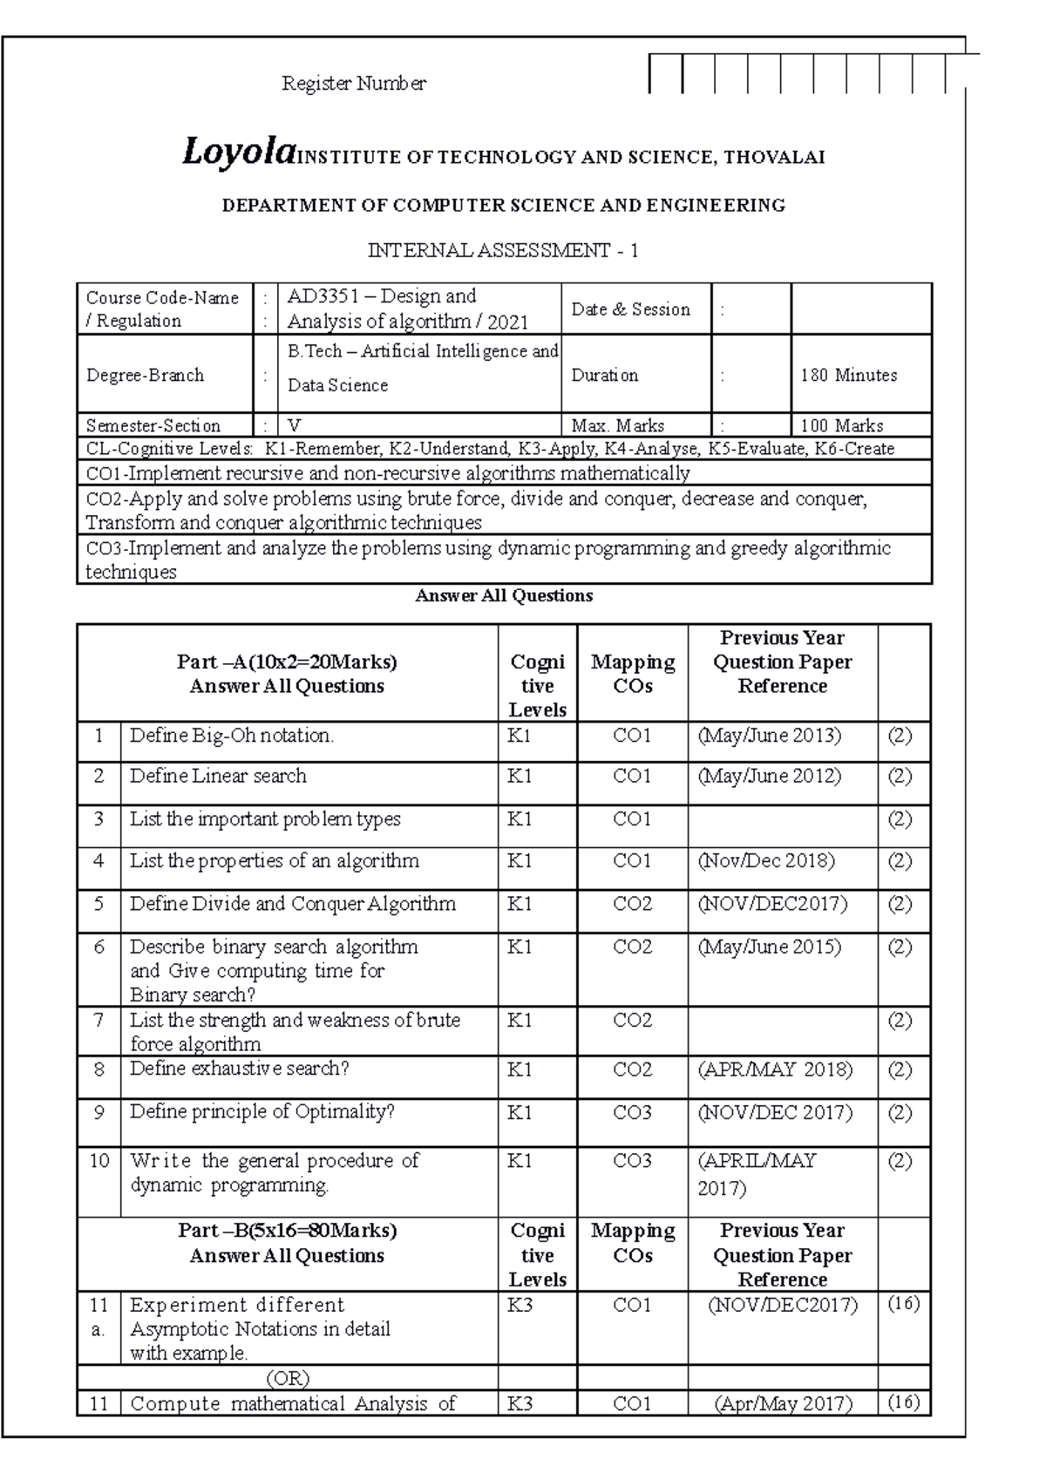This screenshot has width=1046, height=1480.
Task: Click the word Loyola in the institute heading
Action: [x=236, y=154]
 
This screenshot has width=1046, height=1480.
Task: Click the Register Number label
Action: [x=353, y=84]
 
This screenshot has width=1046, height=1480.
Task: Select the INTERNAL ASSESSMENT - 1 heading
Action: [x=503, y=251]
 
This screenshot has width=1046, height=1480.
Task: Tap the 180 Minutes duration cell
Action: [x=848, y=376]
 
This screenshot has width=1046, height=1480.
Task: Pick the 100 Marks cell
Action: [x=841, y=426]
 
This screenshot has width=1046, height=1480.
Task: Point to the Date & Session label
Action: [x=630, y=309]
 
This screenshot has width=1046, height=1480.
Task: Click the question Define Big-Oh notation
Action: [x=231, y=736]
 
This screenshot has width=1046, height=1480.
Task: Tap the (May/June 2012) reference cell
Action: [x=769, y=776]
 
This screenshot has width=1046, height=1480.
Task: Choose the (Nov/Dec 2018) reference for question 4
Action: [x=765, y=861]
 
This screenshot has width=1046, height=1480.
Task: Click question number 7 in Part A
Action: [x=98, y=1020]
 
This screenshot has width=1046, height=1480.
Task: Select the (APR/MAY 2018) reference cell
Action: [x=774, y=1069]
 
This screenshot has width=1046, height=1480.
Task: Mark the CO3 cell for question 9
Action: [x=632, y=1113]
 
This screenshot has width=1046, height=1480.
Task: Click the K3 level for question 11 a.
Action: [x=520, y=1306]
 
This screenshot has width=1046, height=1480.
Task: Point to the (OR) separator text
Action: [x=287, y=1378]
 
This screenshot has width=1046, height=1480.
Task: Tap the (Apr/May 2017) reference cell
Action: [x=782, y=1403]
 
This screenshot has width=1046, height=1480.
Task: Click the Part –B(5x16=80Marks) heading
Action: [x=287, y=1231]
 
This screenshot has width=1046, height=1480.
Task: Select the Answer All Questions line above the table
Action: [x=504, y=596]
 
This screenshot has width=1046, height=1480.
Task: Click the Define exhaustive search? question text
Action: [x=239, y=1069]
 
